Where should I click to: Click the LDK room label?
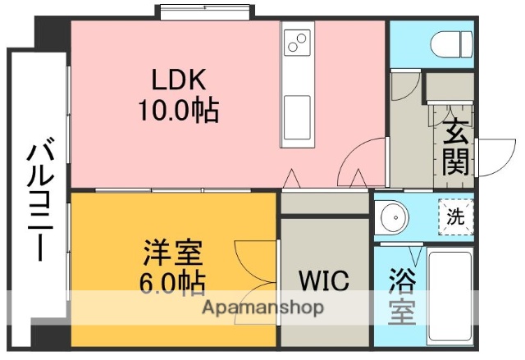[181, 80]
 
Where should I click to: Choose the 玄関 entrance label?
[457, 148]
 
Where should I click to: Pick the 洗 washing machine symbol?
[455, 218]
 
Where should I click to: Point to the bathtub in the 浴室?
[450, 295]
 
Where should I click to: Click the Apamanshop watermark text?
[263, 309]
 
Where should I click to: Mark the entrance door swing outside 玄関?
[494, 157]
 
